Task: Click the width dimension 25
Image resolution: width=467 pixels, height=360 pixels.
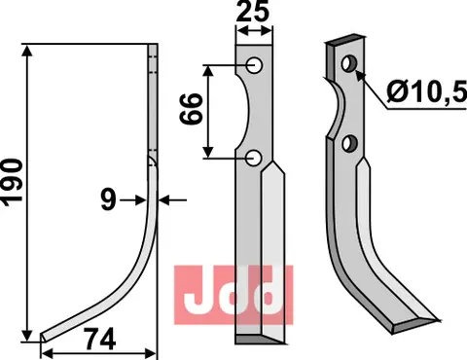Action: tap(253, 14)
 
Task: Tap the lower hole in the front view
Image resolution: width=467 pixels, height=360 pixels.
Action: tap(253, 158)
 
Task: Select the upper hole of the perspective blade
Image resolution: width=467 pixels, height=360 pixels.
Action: tap(348, 65)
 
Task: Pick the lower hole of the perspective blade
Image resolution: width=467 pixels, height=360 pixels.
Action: tap(351, 145)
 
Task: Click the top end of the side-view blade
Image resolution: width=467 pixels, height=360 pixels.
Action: tap(154, 47)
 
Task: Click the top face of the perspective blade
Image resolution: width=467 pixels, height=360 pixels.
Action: tap(344, 42)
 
